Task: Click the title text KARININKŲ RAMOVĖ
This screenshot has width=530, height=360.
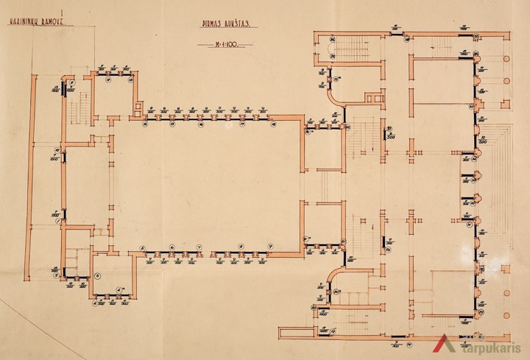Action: (35, 23)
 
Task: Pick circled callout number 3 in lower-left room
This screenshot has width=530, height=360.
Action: (99, 277)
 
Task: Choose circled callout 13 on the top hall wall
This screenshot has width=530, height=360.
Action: (144, 124)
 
